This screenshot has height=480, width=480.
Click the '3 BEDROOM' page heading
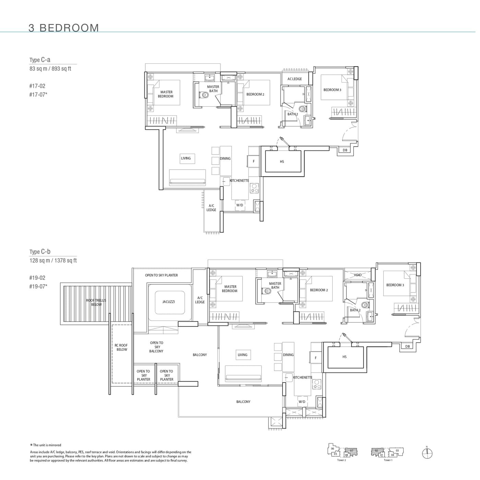tap(64, 28)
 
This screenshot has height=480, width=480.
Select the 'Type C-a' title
tap(40, 60)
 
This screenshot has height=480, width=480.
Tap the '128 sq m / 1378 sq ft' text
tap(53, 261)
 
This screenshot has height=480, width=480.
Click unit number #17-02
tap(37, 86)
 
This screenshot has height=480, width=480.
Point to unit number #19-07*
tap(38, 287)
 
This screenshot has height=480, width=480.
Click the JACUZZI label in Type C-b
tap(168, 302)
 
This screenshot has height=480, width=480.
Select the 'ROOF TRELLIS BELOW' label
tap(96, 302)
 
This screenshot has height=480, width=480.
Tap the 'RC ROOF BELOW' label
tap(121, 348)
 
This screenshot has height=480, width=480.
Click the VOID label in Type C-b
tap(358, 275)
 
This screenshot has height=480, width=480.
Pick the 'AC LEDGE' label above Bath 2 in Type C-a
tap(295, 79)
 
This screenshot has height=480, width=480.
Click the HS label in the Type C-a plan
tap(282, 161)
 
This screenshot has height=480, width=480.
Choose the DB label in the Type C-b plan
tap(407, 346)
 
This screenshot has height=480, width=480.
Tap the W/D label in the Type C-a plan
tap(239, 205)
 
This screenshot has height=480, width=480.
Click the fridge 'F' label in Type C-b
tap(316, 358)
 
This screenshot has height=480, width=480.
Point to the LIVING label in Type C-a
tap(186, 158)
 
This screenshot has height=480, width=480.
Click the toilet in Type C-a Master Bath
tap(204, 95)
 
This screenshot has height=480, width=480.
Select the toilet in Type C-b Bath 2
tap(365, 305)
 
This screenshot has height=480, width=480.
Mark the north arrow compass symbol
tap(427, 454)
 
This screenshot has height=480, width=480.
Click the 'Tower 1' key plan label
tap(388, 460)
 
